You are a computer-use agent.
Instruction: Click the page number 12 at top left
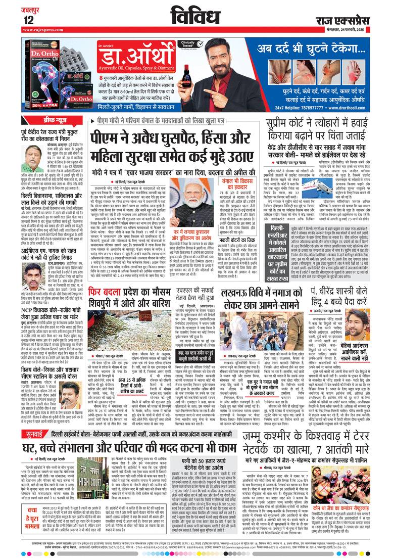28,19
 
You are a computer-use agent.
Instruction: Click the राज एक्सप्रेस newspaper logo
349,19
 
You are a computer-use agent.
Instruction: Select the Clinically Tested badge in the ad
199,44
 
